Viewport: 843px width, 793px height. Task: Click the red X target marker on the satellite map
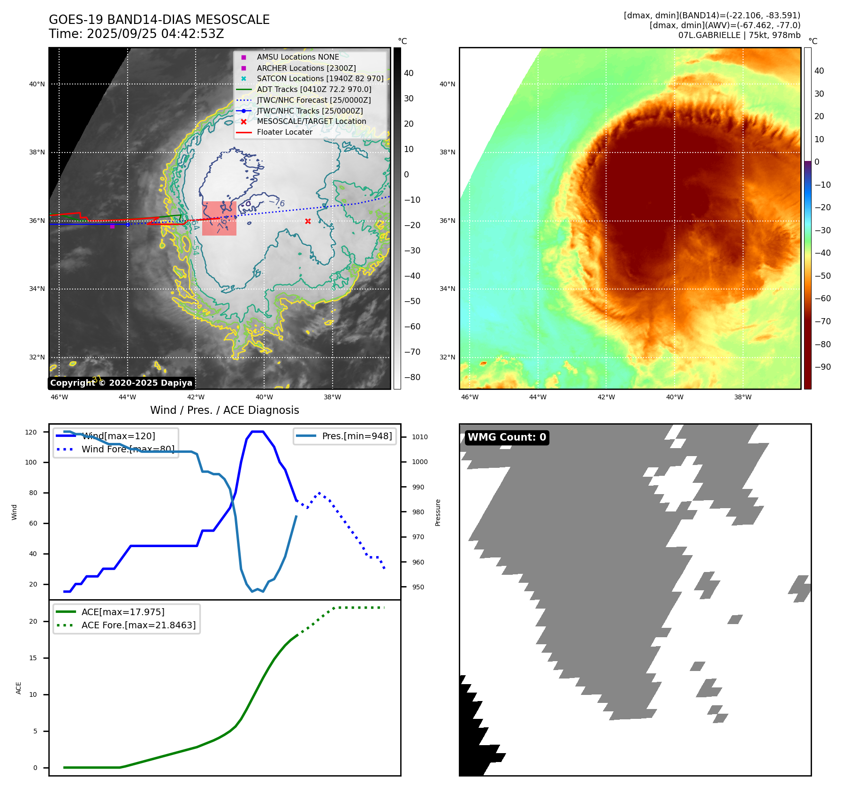(308, 221)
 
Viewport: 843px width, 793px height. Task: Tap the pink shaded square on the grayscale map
(219, 218)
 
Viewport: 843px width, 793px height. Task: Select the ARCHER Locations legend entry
(306, 68)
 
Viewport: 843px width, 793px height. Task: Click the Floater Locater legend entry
(284, 132)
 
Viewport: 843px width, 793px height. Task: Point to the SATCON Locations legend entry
(320, 78)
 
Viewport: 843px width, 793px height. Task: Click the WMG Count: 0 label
(507, 437)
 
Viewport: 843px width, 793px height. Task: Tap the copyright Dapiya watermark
(121, 383)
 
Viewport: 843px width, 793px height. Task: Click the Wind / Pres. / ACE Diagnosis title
(224, 410)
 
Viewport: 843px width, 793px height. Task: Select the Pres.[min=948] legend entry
(357, 436)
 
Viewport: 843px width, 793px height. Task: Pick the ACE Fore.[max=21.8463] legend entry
(138, 625)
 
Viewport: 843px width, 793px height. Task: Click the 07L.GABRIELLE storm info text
(739, 35)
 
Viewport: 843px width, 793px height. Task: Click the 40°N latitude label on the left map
(37, 84)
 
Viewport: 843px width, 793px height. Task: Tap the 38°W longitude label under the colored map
(743, 397)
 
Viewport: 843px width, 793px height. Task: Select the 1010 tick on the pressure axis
(419, 437)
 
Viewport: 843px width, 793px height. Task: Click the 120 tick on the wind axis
(31, 432)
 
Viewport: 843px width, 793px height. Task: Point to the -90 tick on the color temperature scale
(822, 367)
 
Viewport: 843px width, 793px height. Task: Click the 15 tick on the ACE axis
(33, 658)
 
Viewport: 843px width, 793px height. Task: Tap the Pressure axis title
(438, 512)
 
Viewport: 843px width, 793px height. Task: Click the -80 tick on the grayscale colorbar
(412, 377)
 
